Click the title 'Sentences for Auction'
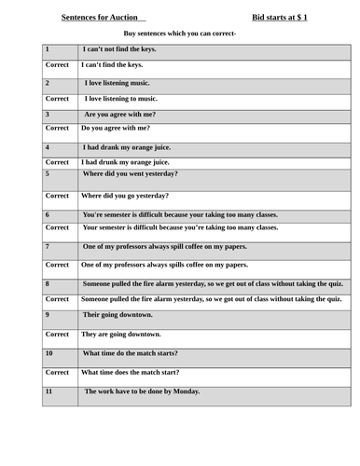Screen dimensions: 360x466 click(102, 17)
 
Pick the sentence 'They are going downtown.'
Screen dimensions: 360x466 click(121, 334)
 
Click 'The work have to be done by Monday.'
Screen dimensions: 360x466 click(142, 391)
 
